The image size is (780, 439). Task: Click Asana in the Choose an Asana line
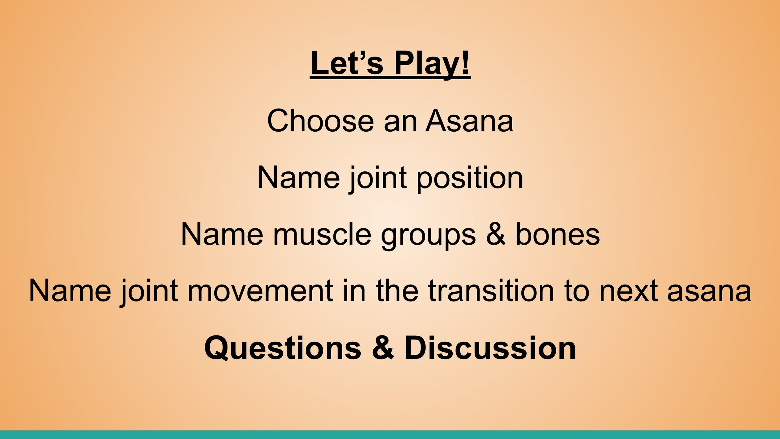(x=470, y=121)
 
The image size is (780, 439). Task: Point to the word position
(x=470, y=178)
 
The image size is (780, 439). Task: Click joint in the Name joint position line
(x=378, y=178)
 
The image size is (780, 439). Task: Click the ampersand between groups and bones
(x=495, y=234)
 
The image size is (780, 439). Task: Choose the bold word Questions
(x=283, y=348)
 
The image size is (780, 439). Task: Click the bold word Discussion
(x=490, y=348)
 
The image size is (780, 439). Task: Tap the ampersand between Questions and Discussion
(x=383, y=348)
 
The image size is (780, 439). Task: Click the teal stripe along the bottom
(x=390, y=435)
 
